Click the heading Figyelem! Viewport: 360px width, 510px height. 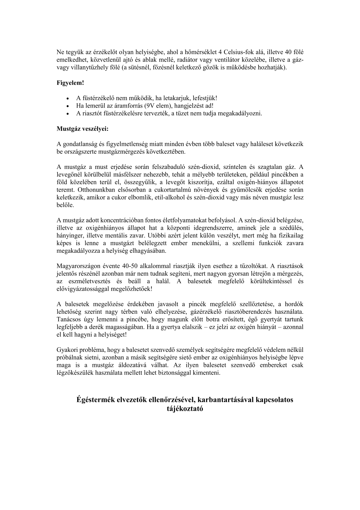pos(70,83)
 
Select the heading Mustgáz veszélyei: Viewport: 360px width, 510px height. pos(82,129)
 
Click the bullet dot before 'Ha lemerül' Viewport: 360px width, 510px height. pos(68,106)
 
